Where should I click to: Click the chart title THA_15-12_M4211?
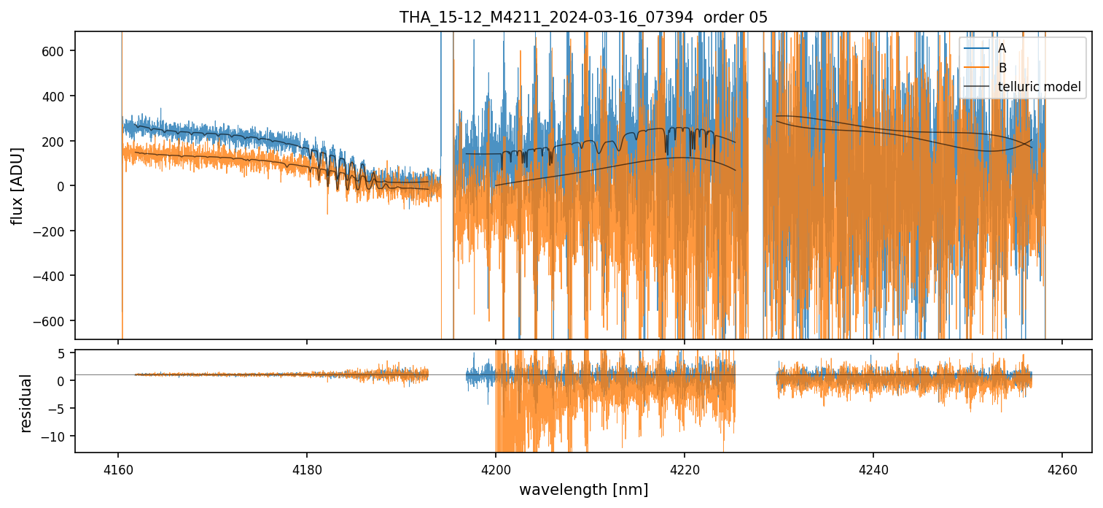pyautogui.click(x=583, y=18)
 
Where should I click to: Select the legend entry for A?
pyautogui.click(x=1002, y=48)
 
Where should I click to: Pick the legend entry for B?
pyautogui.click(x=1002, y=68)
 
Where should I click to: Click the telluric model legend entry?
pyautogui.click(x=1039, y=88)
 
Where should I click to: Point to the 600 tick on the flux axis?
pyautogui.click(x=58, y=51)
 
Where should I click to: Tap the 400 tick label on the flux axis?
pyautogui.click(x=58, y=96)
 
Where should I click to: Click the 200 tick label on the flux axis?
pyautogui.click(x=58, y=141)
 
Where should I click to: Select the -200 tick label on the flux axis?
pyautogui.click(x=54, y=231)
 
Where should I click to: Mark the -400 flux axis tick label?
pyautogui.click(x=54, y=276)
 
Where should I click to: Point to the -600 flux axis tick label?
pyautogui.click(x=54, y=321)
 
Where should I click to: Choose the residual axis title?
pyautogui.click(x=26, y=403)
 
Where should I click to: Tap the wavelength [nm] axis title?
pyautogui.click(x=583, y=490)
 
